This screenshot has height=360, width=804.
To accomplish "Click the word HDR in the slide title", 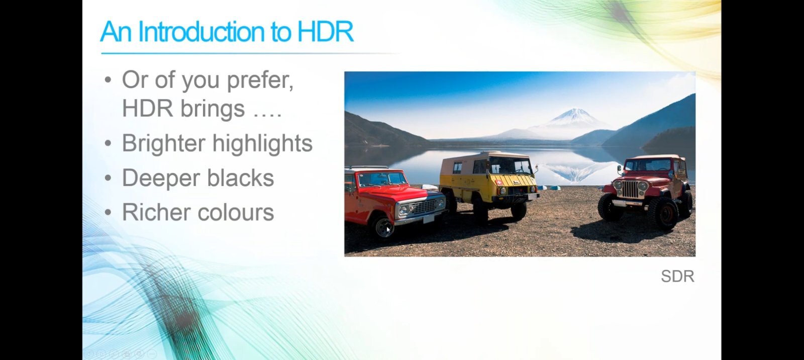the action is (326, 31).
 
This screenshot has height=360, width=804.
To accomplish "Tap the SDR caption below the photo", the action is (677, 277).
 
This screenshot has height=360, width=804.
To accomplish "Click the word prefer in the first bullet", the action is (260, 80).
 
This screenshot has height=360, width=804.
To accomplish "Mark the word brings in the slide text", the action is (213, 109).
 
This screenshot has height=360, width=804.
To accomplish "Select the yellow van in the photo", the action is (489, 183).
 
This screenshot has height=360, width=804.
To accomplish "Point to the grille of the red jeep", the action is (630, 189).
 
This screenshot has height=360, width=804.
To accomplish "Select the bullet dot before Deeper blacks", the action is (108, 178).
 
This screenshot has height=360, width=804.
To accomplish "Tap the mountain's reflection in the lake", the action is (574, 172).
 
